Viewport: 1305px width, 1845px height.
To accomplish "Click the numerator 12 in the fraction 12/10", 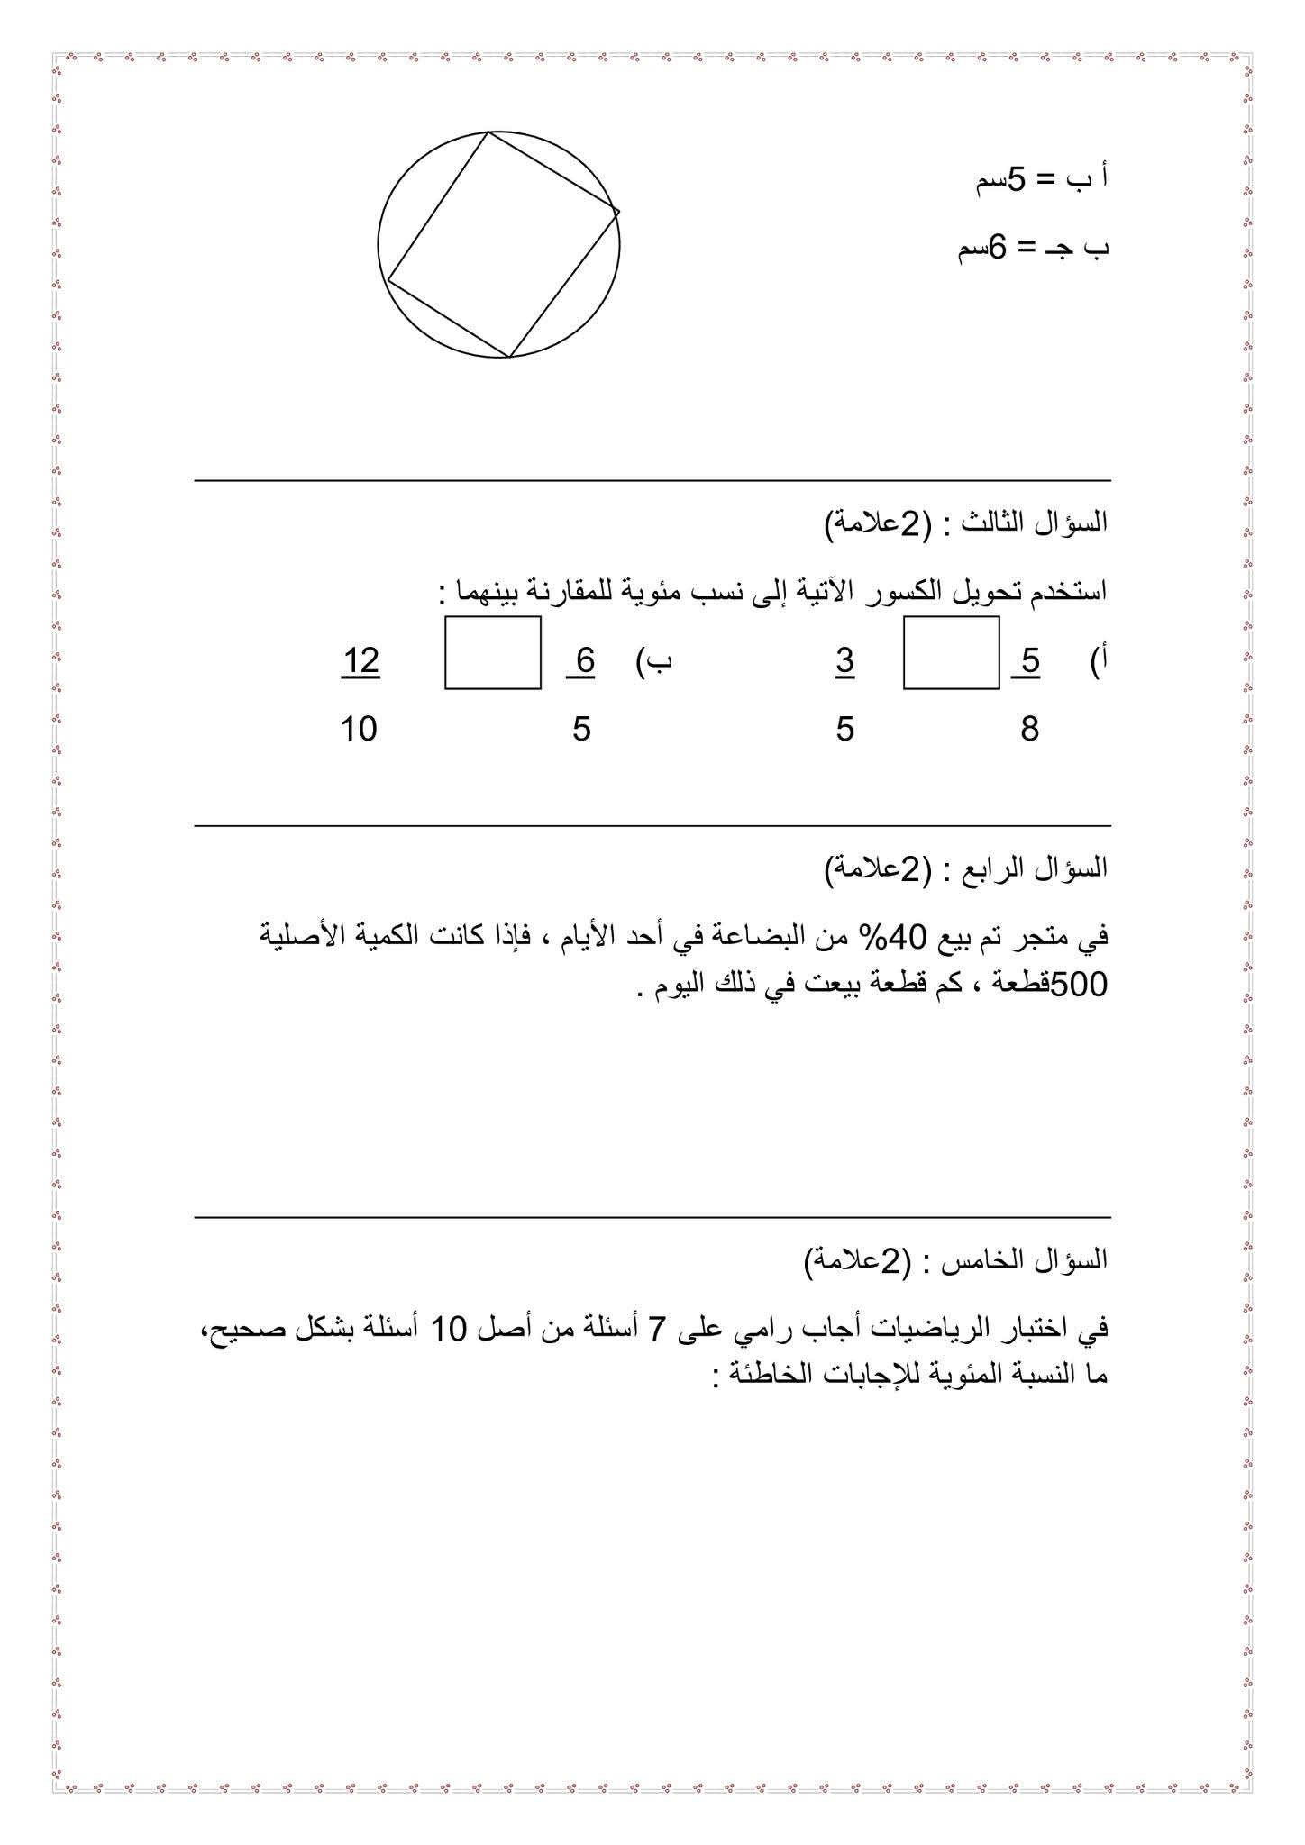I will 360,661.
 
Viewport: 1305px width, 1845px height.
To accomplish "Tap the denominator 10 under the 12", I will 359,728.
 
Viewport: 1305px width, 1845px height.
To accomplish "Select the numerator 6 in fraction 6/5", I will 585,661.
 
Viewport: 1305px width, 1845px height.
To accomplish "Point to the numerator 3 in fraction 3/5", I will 844,661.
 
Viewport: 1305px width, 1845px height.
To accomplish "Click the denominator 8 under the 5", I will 1029,728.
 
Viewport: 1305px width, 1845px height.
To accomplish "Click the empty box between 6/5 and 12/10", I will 493,653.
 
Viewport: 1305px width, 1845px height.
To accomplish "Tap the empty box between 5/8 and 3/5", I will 951,653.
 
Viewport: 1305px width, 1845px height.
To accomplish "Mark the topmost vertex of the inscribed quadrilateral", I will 488,132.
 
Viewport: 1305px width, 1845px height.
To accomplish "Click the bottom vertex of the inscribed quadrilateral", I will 508,357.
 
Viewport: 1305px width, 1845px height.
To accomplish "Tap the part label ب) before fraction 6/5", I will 656,661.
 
